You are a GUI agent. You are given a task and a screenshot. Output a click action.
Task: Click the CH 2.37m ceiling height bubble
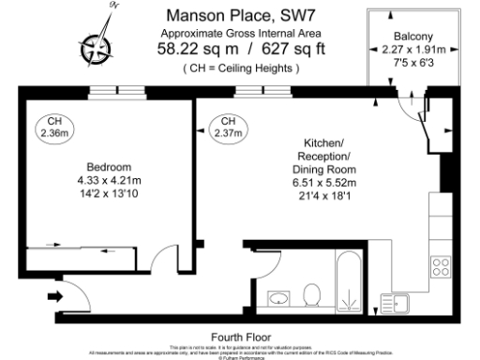tap(227, 128)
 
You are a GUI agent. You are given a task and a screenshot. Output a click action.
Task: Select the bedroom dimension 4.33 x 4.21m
tap(109, 180)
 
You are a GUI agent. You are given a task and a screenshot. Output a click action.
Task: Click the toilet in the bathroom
tap(312, 299)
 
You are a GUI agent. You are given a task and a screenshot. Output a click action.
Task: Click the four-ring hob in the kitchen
tap(440, 266)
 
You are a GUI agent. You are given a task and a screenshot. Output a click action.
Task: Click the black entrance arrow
tap(53, 297)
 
